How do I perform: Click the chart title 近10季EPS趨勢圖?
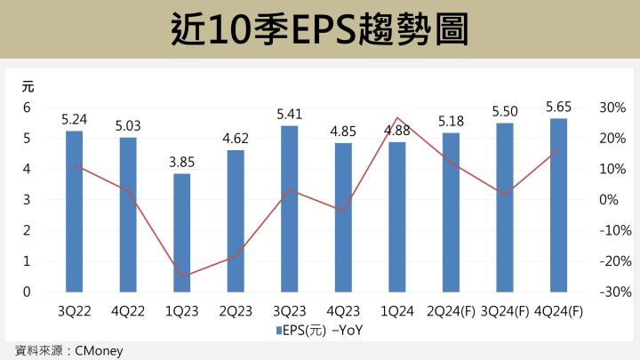point(319,29)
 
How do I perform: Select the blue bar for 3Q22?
point(74,212)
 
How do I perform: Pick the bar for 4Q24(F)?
point(558,205)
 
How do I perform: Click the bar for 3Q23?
point(289,209)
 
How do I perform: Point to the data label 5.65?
point(558,107)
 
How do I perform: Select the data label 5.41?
point(289,114)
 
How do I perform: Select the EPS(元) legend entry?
point(302,331)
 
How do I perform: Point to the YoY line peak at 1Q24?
point(396,118)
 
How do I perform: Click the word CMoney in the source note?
point(99,350)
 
